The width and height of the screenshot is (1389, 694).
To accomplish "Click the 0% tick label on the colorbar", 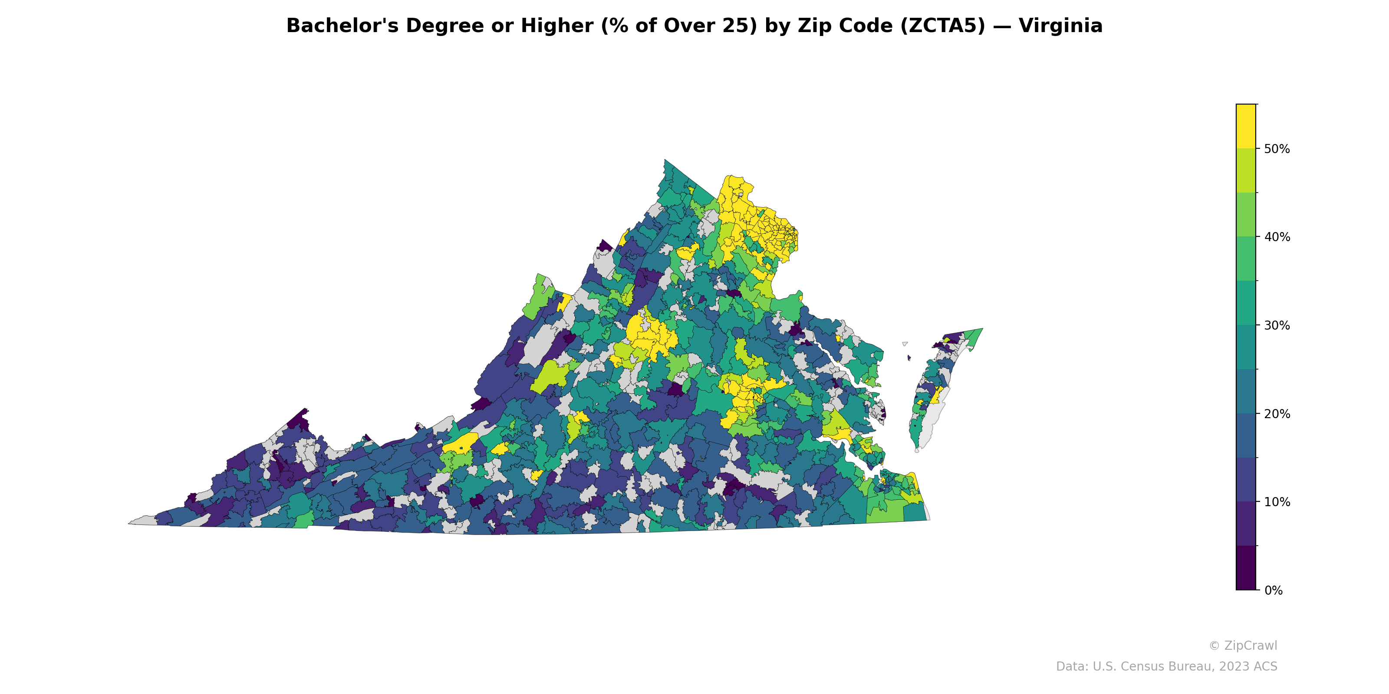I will click(x=1273, y=590).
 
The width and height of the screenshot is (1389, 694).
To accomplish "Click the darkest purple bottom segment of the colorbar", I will click(x=1246, y=569).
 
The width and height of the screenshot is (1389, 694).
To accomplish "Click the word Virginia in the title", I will click(x=1060, y=26).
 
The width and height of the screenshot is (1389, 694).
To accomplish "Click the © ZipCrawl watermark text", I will click(x=1242, y=645).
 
